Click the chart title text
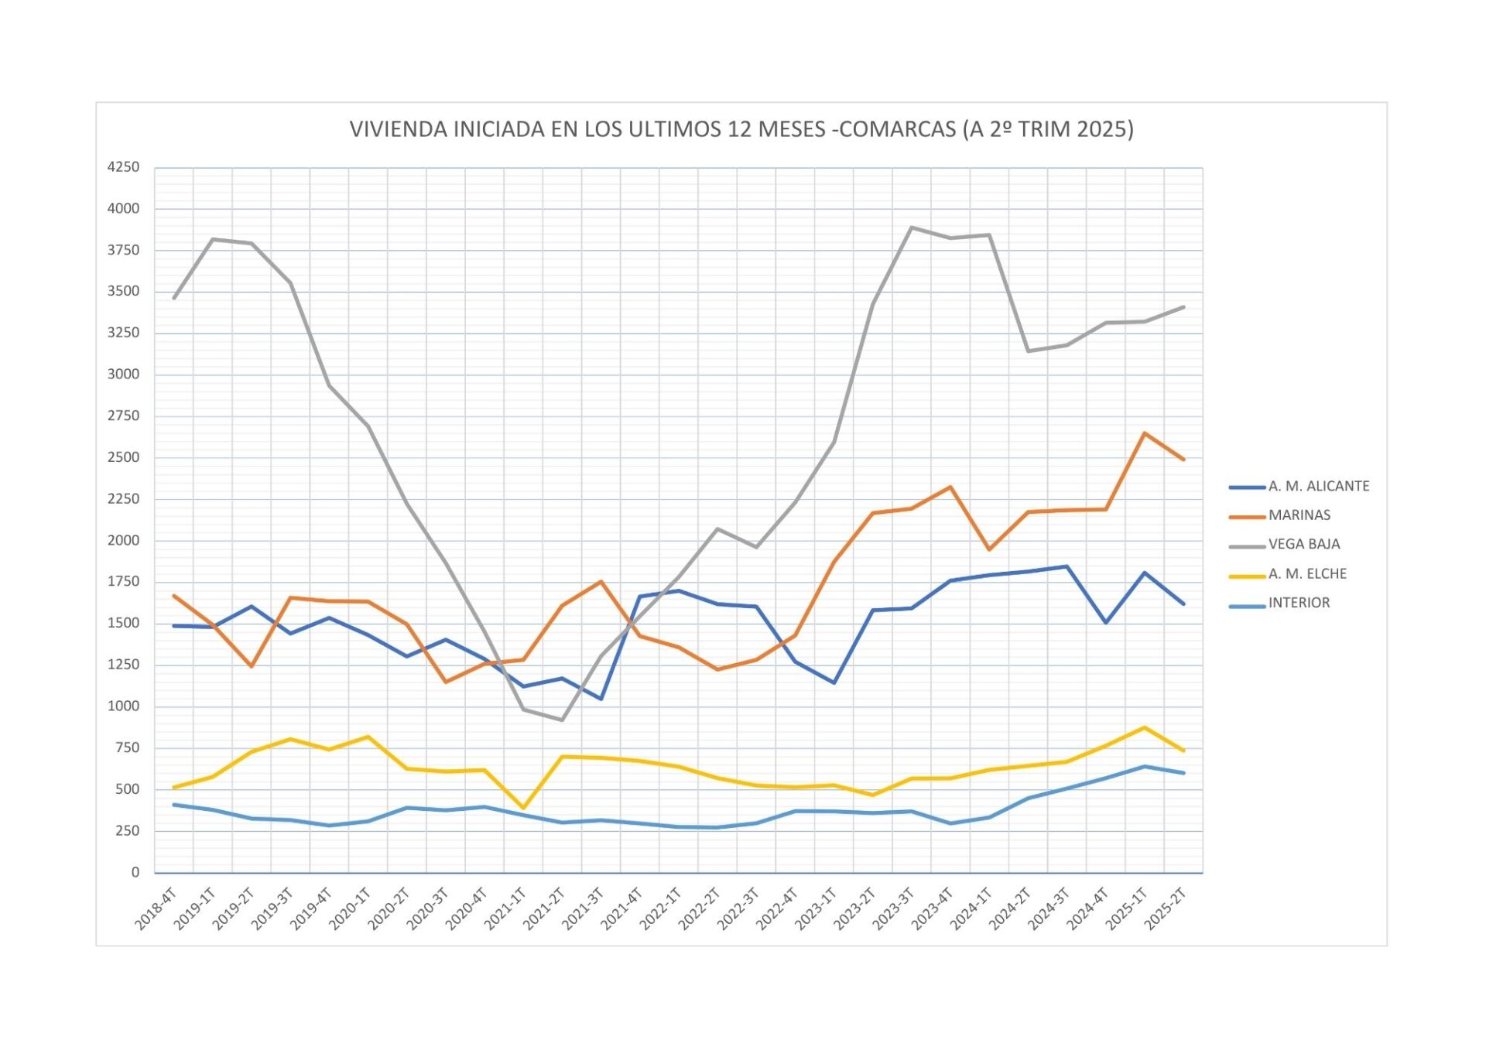pos(741,129)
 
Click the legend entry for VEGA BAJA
pos(1303,545)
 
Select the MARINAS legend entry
pos(1299,515)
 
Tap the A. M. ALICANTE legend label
pos(1318,486)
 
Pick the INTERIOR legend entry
pos(1298,603)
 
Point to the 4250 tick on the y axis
pos(124,167)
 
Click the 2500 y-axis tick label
pos(124,457)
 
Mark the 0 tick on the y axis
pos(135,872)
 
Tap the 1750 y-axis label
pos(124,582)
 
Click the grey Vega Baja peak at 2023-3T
pos(912,227)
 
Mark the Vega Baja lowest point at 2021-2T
pos(562,720)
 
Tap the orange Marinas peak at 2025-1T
pos(1144,433)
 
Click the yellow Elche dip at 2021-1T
pos(523,809)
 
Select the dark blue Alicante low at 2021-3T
pos(601,699)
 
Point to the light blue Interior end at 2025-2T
pos(1183,773)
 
